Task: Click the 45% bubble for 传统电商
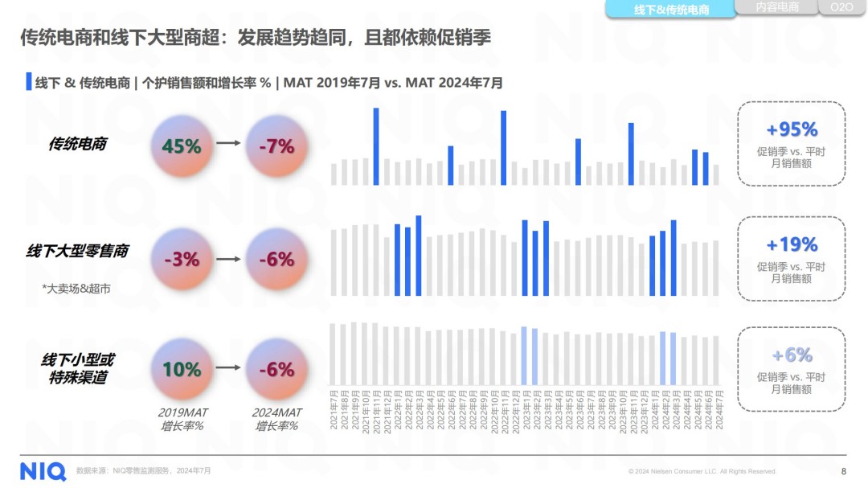[x=182, y=146]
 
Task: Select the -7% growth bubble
[x=276, y=146]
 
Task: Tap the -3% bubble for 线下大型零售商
[x=182, y=260]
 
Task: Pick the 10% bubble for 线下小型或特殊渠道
[x=182, y=369]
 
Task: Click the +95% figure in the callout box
[x=791, y=130]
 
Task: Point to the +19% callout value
[x=791, y=244]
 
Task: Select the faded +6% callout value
[x=791, y=355]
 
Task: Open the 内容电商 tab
[x=777, y=7]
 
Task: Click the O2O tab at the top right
[x=841, y=7]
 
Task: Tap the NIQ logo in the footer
[x=43, y=470]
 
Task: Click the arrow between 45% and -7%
[x=229, y=143]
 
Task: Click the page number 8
[x=843, y=471]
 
